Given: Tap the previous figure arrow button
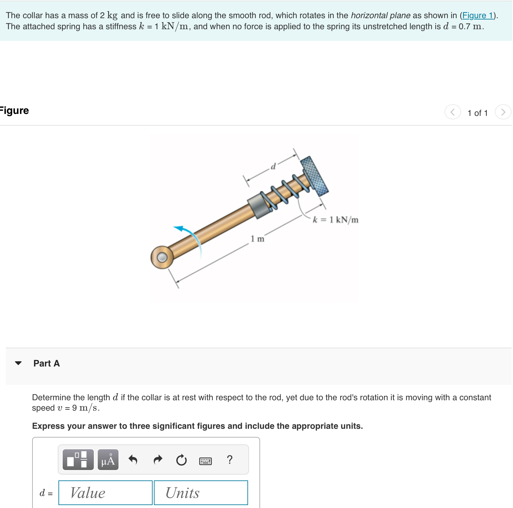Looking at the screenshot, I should (x=453, y=112).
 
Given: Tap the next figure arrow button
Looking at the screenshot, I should (x=503, y=112).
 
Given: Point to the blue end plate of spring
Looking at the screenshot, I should (x=314, y=176).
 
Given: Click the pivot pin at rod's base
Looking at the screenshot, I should (x=162, y=257).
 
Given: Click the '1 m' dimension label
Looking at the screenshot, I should (x=257, y=239).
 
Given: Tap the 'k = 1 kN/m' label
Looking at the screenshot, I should (x=335, y=220).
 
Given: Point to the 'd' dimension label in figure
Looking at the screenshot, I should (x=273, y=167).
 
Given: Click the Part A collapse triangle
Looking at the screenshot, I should (x=19, y=363).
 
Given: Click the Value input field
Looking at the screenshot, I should (x=105, y=493).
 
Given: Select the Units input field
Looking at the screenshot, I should (x=201, y=493).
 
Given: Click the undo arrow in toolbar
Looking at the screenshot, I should (x=133, y=460).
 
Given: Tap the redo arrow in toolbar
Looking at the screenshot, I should (x=158, y=460).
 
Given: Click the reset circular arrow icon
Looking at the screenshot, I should (x=181, y=460).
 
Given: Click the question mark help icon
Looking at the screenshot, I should (x=230, y=460).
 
